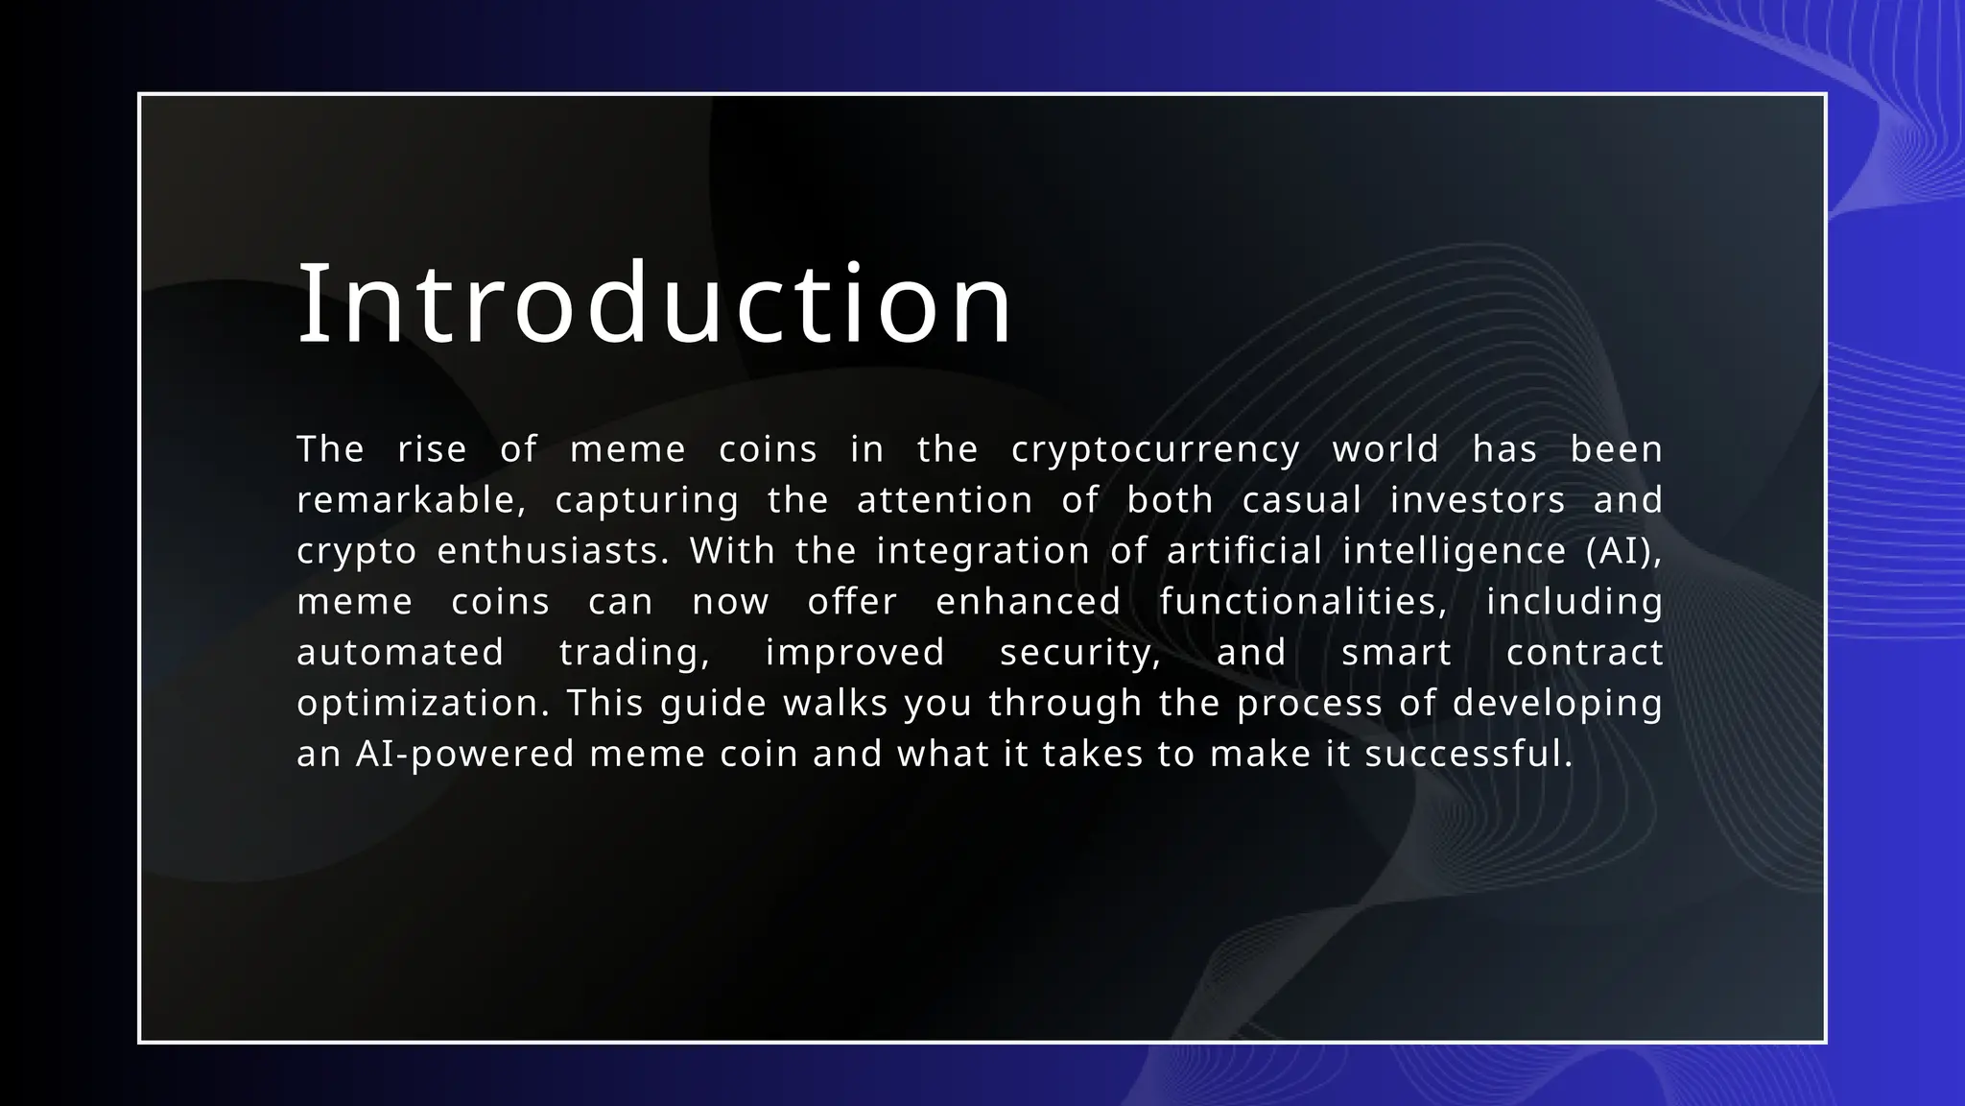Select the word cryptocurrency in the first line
pyautogui.click(x=1155, y=449)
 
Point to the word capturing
pyautogui.click(x=647, y=500)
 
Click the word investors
pyautogui.click(x=1478, y=500)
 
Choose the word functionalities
pyautogui.click(x=1303, y=602)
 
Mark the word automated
pyautogui.click(x=400, y=653)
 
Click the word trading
pyautogui.click(x=634, y=653)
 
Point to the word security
pyautogui.click(x=1080, y=653)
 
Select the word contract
pyautogui.click(x=1584, y=653)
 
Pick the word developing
pyautogui.click(x=1557, y=704)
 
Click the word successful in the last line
pyautogui.click(x=1468, y=755)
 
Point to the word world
pyautogui.click(x=1385, y=449)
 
